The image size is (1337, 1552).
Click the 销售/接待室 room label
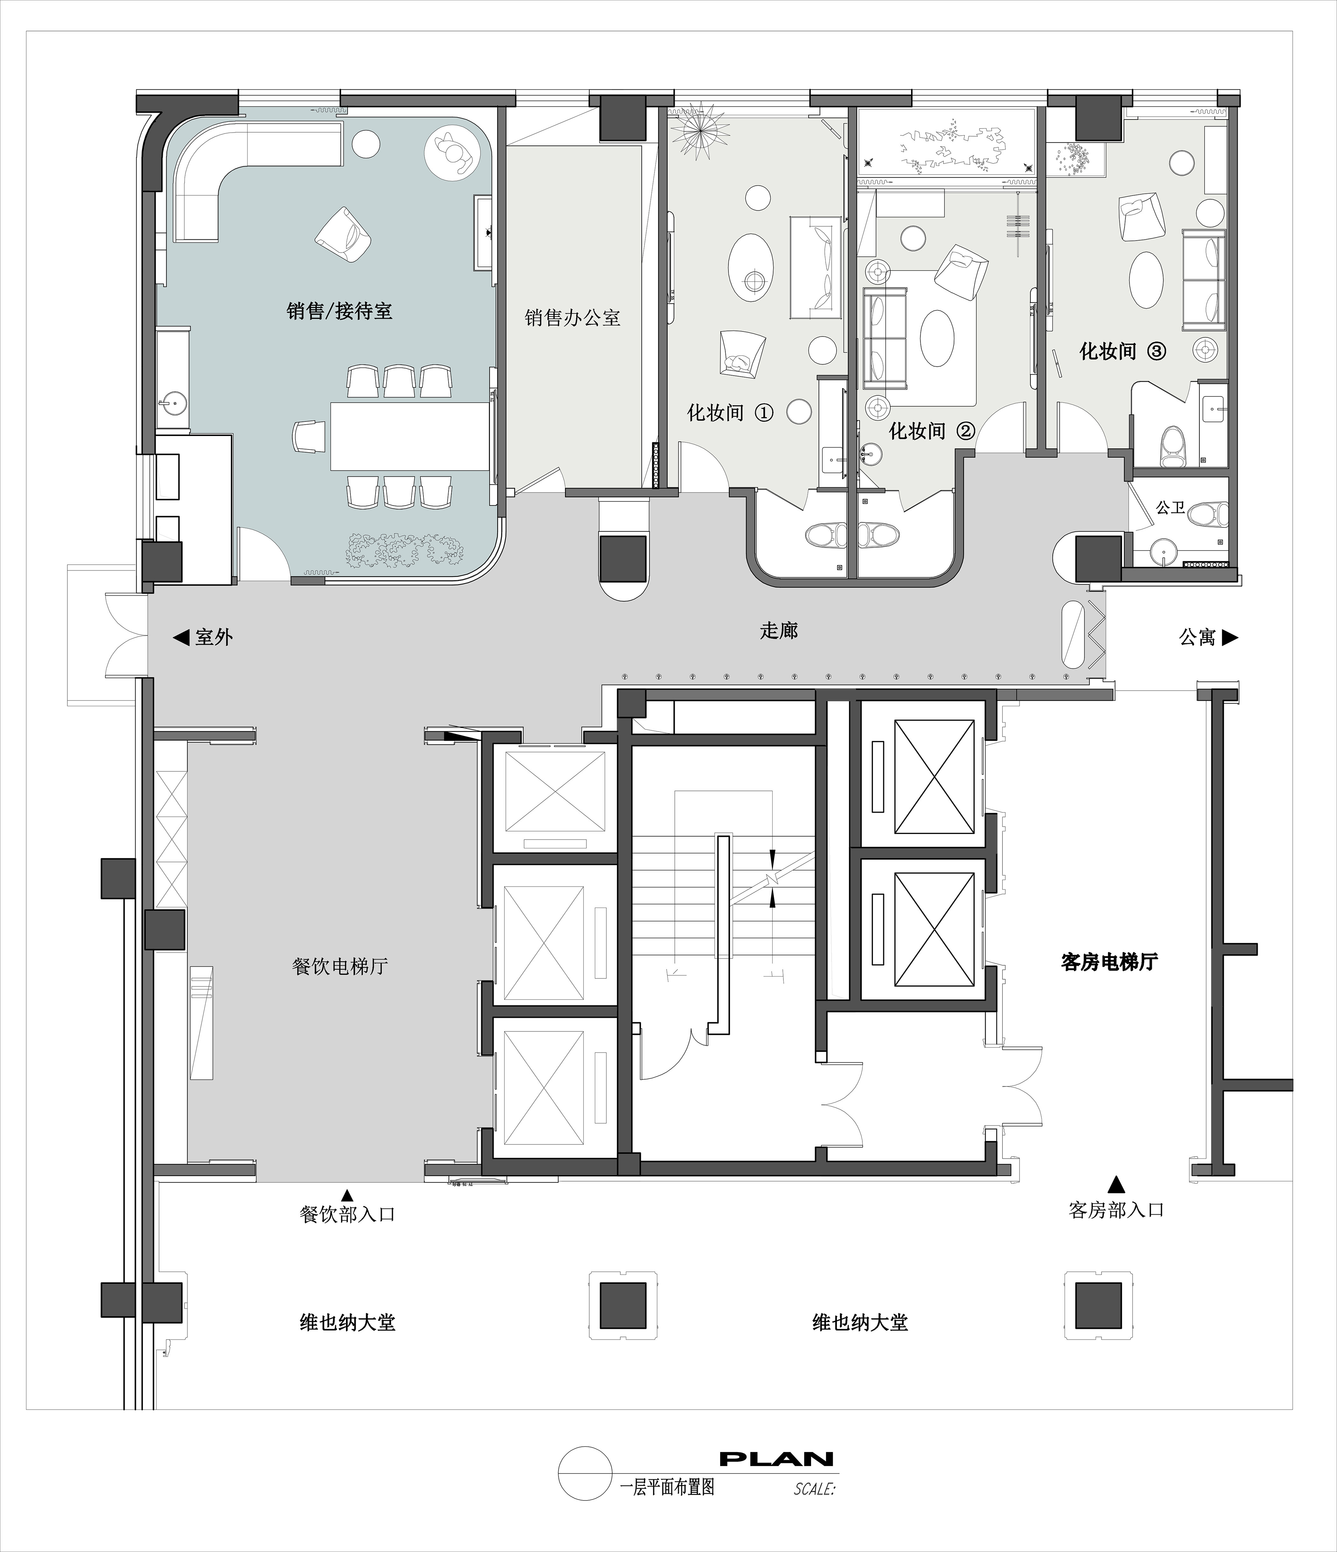coord(339,311)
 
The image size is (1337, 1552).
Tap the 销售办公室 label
coord(573,317)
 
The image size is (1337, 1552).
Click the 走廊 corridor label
coord(779,631)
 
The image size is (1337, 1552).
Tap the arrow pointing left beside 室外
coord(180,637)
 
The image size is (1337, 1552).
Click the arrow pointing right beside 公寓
coord(1231,637)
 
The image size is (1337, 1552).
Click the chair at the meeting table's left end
coord(309,436)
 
